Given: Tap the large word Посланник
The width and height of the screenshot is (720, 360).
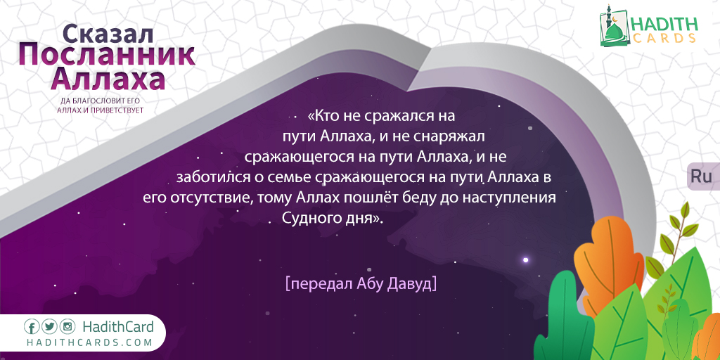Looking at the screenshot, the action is click(107, 56).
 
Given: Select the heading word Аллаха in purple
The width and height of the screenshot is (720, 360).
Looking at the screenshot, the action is click(108, 79).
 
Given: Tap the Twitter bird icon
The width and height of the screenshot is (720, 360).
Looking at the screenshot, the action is click(50, 327).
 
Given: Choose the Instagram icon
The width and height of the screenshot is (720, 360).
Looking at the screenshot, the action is click(67, 327).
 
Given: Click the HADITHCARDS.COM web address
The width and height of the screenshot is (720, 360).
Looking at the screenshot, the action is click(89, 342).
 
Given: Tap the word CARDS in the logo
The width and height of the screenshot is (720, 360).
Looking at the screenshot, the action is click(664, 38).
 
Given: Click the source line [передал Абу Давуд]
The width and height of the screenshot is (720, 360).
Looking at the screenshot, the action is click(361, 283).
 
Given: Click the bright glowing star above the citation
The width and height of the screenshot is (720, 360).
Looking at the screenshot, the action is click(526, 260).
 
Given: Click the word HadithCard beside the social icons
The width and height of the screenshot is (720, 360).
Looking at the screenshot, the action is click(118, 327).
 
